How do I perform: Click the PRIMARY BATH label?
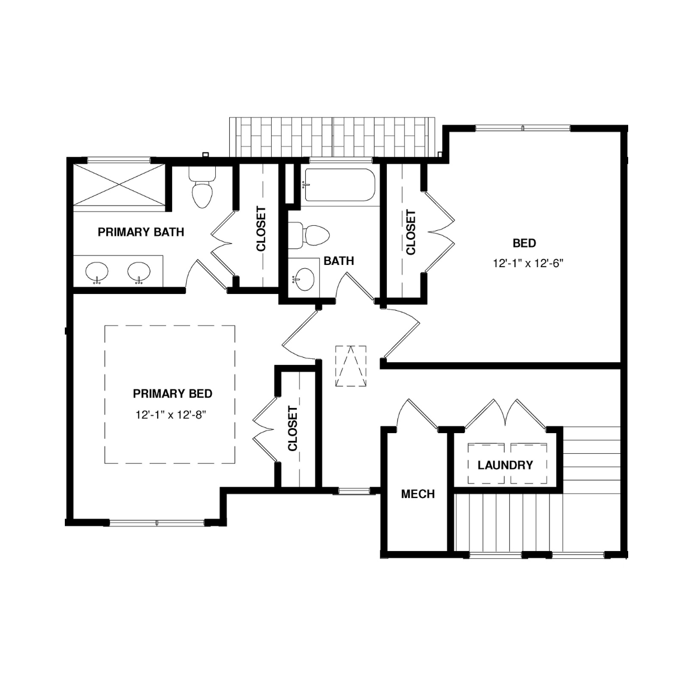(141, 232)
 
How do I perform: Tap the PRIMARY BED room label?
(173, 394)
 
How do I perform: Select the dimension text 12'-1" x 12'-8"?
(170, 415)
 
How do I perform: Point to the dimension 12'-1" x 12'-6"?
(528, 264)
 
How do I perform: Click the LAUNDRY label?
(505, 466)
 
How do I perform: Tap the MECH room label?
(418, 494)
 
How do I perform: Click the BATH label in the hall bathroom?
(339, 261)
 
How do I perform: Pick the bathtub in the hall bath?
(340, 185)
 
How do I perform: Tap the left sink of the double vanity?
(97, 272)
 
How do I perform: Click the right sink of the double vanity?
(139, 272)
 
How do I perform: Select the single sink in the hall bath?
(304, 279)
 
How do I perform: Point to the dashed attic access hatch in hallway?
(351, 366)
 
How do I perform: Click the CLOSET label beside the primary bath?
(261, 229)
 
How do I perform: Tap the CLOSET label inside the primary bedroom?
(293, 429)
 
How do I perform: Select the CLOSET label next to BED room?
(411, 232)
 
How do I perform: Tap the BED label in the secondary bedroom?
(524, 244)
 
